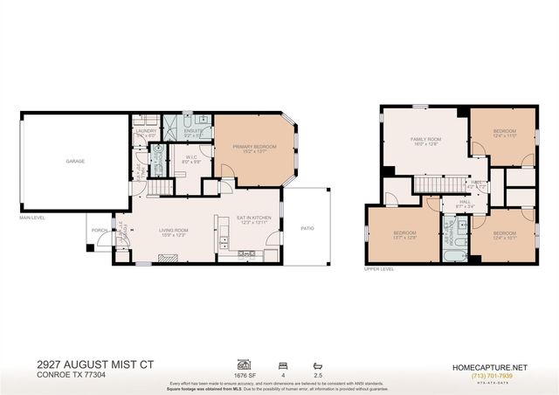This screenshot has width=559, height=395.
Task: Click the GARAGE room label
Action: (x=74, y=162)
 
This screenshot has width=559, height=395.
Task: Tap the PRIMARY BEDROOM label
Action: (x=254, y=147)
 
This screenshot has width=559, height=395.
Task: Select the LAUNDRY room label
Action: (x=145, y=132)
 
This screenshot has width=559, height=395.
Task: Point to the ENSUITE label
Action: (x=194, y=131)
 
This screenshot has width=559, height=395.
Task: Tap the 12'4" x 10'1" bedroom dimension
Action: (x=505, y=238)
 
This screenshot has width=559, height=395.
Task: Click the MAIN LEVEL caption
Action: (x=32, y=216)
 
